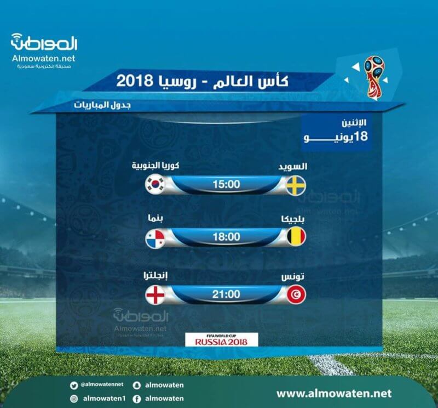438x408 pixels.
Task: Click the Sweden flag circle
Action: [296, 185]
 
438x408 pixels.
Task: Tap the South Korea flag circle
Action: [155, 184]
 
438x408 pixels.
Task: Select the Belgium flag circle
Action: [296, 237]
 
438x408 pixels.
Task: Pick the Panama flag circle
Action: [155, 239]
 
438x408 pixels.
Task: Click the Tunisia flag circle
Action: [296, 294]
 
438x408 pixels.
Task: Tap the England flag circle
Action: [155, 294]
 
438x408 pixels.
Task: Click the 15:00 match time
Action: [226, 184]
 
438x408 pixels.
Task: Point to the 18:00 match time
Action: [226, 237]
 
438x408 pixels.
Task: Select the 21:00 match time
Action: [226, 294]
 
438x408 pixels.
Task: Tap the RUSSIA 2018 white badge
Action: [222, 339]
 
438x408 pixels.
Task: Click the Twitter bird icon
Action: [74, 386]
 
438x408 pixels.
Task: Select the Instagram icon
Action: [74, 399]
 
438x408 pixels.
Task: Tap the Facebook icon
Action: [136, 399]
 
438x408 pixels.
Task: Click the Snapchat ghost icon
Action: [136, 386]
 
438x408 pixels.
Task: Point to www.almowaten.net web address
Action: [334, 393]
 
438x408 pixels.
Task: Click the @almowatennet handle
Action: [102, 384]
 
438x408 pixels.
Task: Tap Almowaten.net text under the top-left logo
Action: [44, 59]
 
